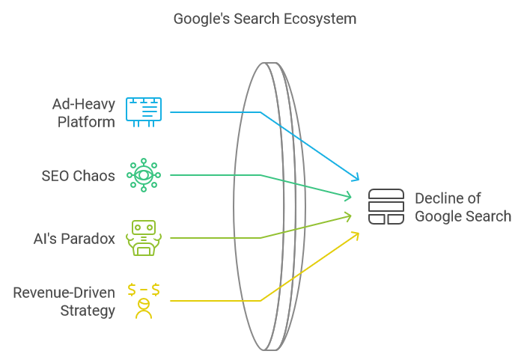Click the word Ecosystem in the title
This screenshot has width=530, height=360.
point(320,18)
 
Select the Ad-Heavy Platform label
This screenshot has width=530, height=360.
point(83,112)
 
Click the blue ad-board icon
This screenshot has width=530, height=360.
point(143,112)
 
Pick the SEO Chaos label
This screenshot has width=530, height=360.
point(79,176)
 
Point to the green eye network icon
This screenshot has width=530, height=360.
point(143,175)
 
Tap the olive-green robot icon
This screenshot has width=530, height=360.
point(143,238)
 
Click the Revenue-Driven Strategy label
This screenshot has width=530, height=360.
point(64,300)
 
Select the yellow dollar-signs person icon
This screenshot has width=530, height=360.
point(143,300)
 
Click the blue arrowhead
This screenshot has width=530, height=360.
point(356,178)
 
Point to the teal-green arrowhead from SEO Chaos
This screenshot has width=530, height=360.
point(348,198)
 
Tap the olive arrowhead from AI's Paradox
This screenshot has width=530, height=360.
point(348,216)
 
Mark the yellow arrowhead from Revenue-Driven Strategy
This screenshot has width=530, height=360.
point(356,235)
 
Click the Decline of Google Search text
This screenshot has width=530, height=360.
point(463,207)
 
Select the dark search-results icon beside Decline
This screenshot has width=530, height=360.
point(386,207)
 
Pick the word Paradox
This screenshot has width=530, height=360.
point(89,239)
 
